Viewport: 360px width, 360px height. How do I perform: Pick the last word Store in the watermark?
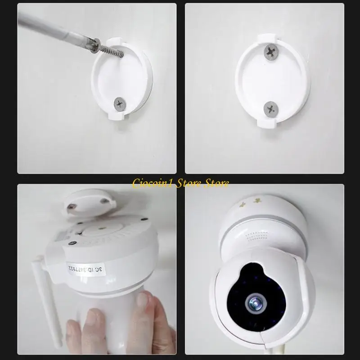216,183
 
